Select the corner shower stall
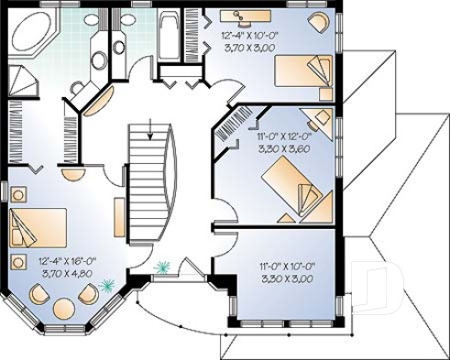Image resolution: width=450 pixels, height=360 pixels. pos(26,81)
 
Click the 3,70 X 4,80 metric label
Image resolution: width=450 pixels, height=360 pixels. pos(65,272)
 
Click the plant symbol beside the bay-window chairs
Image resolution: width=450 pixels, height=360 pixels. pos(109,285)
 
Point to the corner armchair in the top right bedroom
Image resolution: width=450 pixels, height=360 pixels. pos(318,22)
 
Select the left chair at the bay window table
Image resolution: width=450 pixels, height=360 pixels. pos(39,294)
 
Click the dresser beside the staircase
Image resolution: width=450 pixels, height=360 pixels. pos(119,216)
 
